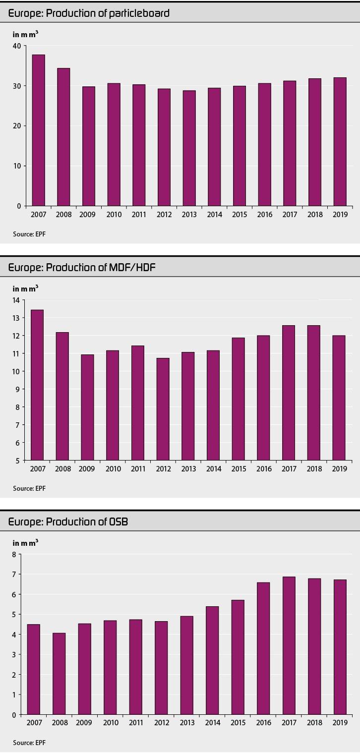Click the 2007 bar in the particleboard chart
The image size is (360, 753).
(x=38, y=130)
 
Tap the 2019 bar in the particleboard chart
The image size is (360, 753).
(x=340, y=141)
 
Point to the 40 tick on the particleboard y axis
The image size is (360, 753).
(x=16, y=46)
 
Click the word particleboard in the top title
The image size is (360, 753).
(x=140, y=13)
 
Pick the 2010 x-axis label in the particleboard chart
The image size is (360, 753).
(x=114, y=215)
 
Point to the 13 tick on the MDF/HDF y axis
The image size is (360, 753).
(x=16, y=318)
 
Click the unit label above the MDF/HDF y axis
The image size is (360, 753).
(x=25, y=289)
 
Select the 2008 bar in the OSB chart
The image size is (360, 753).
(x=59, y=674)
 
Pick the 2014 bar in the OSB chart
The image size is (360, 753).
(x=212, y=660)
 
